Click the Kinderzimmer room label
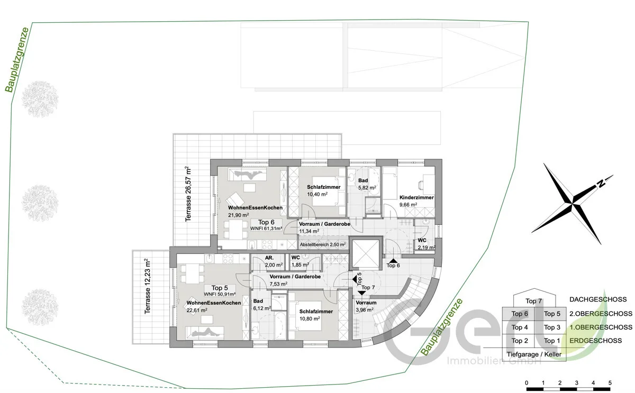tap(416, 201)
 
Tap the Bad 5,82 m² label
tap(367, 184)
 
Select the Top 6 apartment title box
tap(266, 225)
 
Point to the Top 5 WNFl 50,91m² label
tap(220, 291)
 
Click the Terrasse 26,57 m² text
tap(188, 194)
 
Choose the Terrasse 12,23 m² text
tap(148, 286)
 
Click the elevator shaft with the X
tap(366, 253)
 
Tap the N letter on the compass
tap(601, 184)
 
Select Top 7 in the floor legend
tap(533, 301)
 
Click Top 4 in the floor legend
tap(520, 327)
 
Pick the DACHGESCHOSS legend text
tap(598, 299)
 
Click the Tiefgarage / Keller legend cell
tap(534, 354)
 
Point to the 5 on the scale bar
tap(610, 383)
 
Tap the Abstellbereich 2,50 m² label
tap(323, 244)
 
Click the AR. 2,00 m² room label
tap(274, 261)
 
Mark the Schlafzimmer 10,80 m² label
tap(316, 315)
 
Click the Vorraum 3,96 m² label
tap(366, 306)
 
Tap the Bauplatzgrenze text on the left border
tap(17, 60)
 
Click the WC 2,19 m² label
tap(427, 244)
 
